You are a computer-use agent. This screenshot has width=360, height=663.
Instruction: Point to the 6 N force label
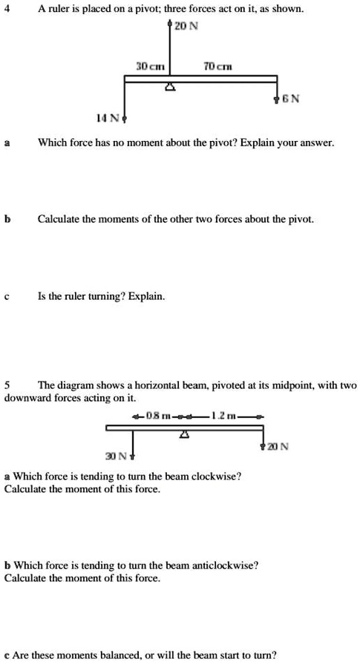(x=289, y=99)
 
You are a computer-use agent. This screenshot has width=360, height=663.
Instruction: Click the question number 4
(x=7, y=9)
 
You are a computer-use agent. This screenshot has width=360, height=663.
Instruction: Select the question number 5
(x=7, y=385)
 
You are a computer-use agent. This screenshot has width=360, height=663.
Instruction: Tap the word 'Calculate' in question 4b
(x=64, y=220)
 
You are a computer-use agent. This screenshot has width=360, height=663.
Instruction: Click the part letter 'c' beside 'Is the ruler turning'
(x=7, y=296)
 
